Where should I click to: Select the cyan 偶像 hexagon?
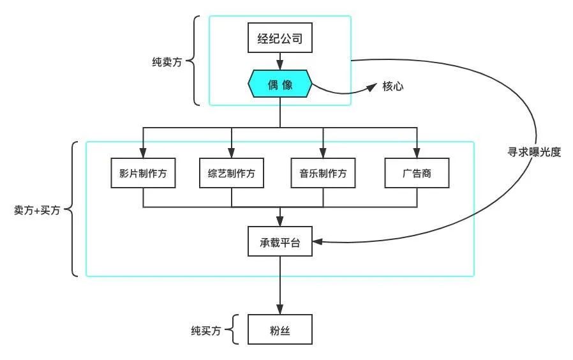coord(280,84)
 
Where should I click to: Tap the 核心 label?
coord(392,85)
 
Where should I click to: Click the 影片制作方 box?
coord(143,173)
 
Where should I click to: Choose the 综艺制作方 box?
coord(231,173)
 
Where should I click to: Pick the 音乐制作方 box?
coord(323,173)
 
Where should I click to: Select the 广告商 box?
coord(417,173)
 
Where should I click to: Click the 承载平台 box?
coord(280,242)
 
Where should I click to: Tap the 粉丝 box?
coord(280,331)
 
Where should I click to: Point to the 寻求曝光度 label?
coord(532,153)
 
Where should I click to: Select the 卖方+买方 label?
coord(36,209)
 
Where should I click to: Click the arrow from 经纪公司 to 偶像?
coord(280,61)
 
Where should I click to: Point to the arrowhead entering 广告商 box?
coord(417,153)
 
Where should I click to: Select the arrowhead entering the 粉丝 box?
coord(280,310)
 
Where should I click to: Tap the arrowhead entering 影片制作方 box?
coord(143,153)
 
